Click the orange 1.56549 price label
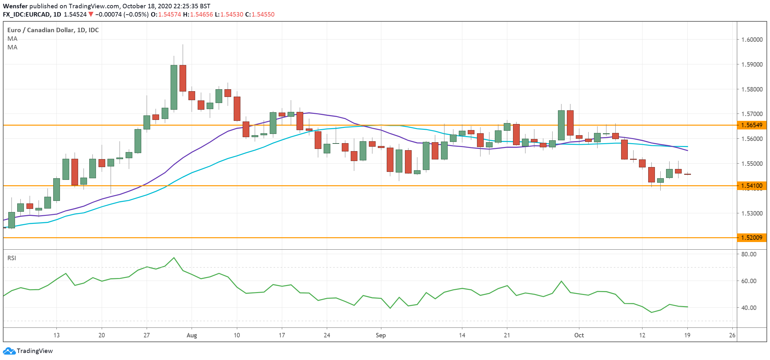(752, 125)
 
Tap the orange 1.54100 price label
(752, 186)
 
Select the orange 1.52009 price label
(752, 238)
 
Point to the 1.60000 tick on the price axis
(752, 40)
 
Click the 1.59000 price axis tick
(752, 64)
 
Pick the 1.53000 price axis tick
(752, 213)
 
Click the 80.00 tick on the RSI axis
(749, 254)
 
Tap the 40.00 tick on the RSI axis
(749, 308)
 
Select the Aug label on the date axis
(192, 335)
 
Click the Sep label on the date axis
(381, 335)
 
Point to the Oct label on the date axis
(579, 335)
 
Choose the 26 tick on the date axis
(732, 335)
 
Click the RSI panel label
(12, 258)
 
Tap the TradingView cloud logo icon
(9, 351)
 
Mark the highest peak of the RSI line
(174, 258)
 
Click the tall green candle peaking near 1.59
(174, 87)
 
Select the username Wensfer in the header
(15, 6)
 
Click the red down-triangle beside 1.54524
(91, 14)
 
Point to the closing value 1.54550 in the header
(263, 14)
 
